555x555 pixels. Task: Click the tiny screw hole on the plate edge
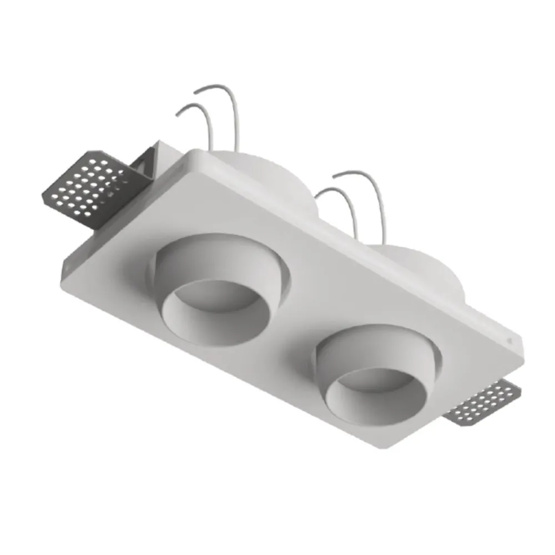[509, 340]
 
